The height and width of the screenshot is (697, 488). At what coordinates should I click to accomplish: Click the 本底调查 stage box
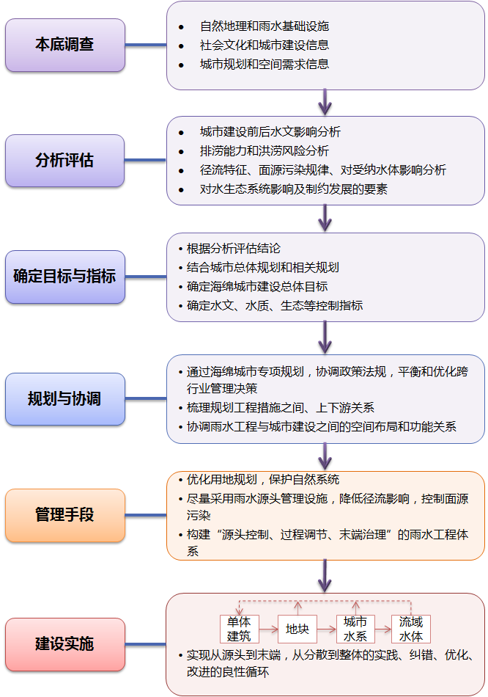point(64,45)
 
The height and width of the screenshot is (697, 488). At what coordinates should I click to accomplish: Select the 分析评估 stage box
point(64,160)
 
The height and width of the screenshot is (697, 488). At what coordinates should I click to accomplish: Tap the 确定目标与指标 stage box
point(64,277)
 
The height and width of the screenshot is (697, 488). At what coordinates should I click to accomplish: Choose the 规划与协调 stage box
point(64,399)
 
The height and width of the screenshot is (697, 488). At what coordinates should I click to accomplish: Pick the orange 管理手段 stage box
point(64,515)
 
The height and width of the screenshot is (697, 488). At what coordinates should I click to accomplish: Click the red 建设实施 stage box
point(64,644)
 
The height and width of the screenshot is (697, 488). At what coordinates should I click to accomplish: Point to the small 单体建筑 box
point(240,629)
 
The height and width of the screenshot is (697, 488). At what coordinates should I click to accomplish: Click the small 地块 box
point(297,630)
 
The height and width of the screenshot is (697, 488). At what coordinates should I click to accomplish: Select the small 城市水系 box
point(355,629)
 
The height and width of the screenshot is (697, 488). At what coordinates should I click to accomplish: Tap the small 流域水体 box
point(410,629)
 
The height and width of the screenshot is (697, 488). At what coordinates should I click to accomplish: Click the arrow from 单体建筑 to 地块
point(268,630)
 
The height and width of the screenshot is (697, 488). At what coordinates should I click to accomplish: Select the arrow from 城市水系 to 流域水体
point(382,630)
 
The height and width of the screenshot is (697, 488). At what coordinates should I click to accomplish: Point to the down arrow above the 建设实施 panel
point(325,577)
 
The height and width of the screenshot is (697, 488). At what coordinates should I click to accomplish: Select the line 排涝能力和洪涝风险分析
point(264,151)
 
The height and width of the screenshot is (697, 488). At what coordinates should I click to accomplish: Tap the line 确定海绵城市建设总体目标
point(256,286)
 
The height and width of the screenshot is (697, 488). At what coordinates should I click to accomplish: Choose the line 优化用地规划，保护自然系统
point(262,480)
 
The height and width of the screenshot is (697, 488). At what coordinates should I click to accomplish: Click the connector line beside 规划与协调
point(146,399)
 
